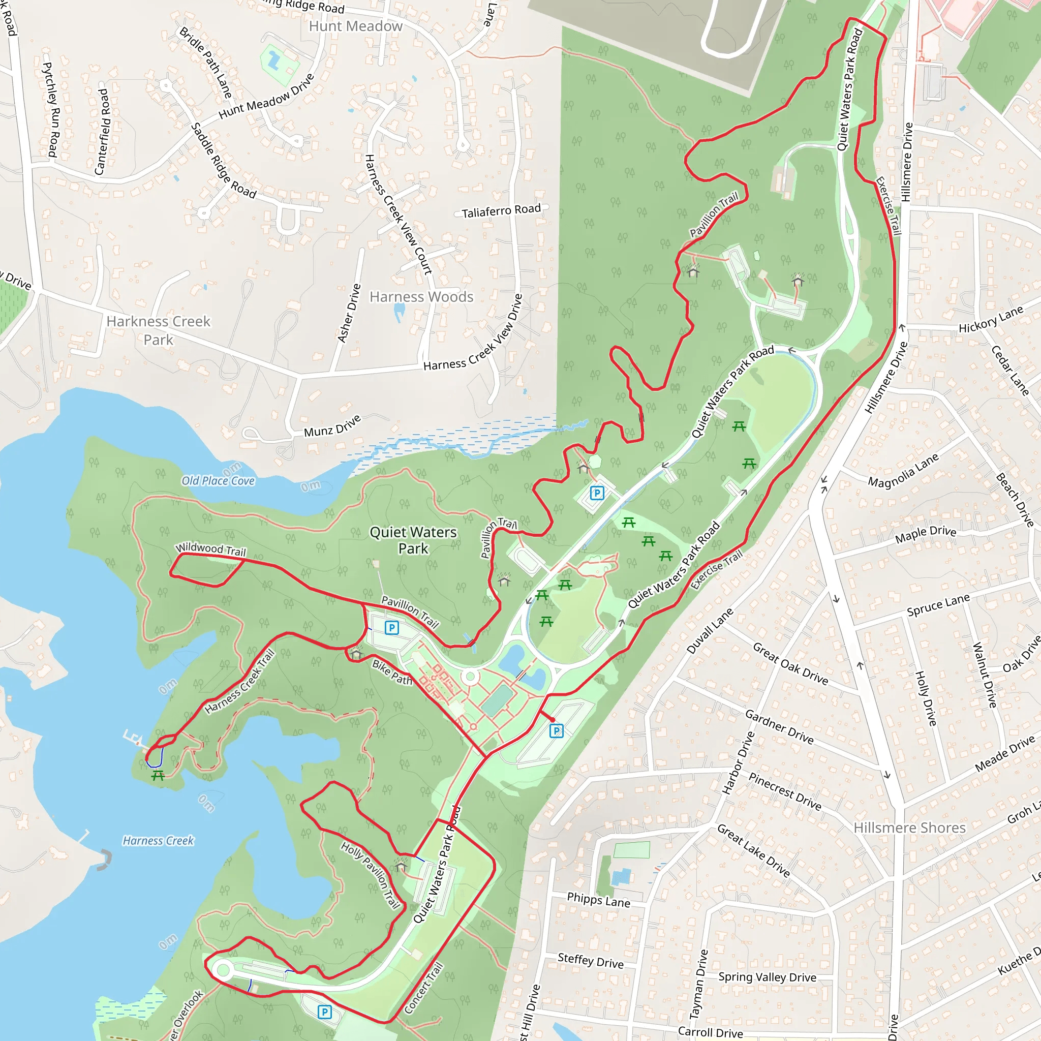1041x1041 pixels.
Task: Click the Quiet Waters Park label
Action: pyautogui.click(x=413, y=540)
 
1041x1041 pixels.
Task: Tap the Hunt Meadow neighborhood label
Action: pyautogui.click(x=356, y=26)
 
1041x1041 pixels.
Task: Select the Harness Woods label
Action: pyautogui.click(x=421, y=297)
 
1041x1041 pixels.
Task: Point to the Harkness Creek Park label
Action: pyautogui.click(x=159, y=330)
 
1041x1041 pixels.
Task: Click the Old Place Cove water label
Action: pyautogui.click(x=218, y=481)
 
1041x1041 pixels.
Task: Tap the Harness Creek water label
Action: pyautogui.click(x=158, y=841)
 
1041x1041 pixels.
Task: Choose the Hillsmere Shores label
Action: pyautogui.click(x=909, y=828)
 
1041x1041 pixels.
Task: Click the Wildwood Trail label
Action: pyautogui.click(x=210, y=549)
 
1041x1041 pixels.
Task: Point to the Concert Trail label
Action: pyautogui.click(x=423, y=988)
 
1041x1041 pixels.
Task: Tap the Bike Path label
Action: pyautogui.click(x=392, y=672)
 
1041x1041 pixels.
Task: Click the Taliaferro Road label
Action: pyautogui.click(x=501, y=210)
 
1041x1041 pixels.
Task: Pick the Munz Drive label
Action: pyautogui.click(x=332, y=426)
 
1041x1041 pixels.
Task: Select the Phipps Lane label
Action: pyautogui.click(x=598, y=900)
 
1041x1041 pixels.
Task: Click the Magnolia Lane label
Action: pyautogui.click(x=904, y=470)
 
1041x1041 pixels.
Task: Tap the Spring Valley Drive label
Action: pyautogui.click(x=767, y=977)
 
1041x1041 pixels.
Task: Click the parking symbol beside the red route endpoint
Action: pyautogui.click(x=556, y=730)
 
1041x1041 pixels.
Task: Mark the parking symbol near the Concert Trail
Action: pyautogui.click(x=324, y=1012)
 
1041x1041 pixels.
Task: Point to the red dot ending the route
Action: pyautogui.click(x=553, y=720)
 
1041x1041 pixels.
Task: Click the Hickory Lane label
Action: pyautogui.click(x=990, y=320)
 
